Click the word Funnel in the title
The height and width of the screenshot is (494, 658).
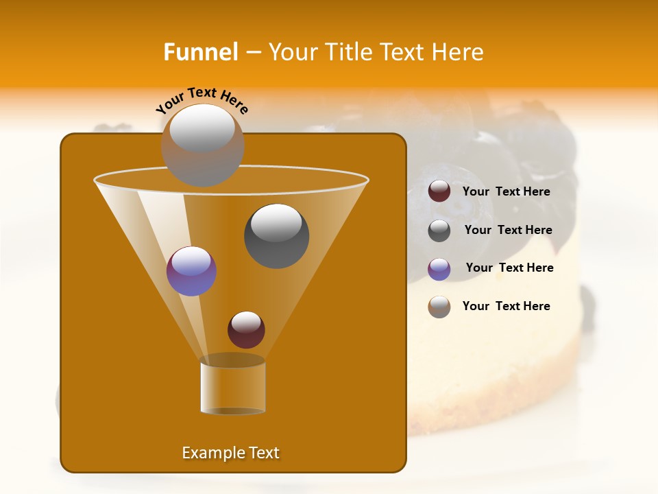point(200,52)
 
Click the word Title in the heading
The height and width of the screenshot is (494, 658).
point(349,52)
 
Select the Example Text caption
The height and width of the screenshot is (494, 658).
point(230,453)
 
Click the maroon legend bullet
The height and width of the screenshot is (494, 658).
point(439,191)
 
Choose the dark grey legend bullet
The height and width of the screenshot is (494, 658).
point(439,231)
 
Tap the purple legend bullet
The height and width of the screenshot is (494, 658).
point(439,269)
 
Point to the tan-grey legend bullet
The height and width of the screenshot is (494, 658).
point(439,307)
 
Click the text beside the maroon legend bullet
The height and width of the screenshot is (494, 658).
point(506,192)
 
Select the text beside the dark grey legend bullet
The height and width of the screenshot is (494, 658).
point(508,231)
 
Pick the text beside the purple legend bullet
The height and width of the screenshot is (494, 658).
point(509,268)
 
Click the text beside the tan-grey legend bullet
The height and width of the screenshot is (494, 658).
point(506,306)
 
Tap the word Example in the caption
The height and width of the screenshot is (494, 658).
point(211,453)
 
